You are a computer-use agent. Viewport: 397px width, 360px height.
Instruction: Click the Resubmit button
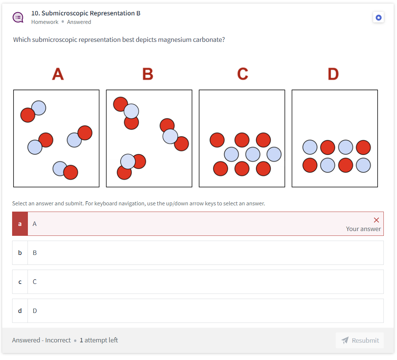[x=360, y=340]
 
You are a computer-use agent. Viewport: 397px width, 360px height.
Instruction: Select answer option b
[x=198, y=253]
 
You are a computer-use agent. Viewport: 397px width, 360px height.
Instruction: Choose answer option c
[x=198, y=282]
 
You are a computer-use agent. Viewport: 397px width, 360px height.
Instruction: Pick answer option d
[x=198, y=310]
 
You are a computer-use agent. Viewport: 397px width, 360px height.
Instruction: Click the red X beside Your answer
[x=376, y=220]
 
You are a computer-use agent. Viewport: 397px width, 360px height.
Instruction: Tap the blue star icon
[x=379, y=18]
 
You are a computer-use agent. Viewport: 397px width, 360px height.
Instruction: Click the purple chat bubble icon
[x=18, y=18]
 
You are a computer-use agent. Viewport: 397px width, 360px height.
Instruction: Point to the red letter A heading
[x=58, y=74]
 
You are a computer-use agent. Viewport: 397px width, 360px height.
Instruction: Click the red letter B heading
[x=148, y=74]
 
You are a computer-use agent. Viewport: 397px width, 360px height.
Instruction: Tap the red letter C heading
[x=243, y=74]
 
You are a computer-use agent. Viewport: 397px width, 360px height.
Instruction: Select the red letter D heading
[x=333, y=74]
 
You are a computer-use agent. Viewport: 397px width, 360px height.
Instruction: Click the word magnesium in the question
[x=174, y=40]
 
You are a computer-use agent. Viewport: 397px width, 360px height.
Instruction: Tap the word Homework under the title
[x=45, y=22]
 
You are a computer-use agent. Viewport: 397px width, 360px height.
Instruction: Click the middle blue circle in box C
[x=253, y=154]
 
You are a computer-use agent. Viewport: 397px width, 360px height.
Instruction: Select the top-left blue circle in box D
[x=310, y=147]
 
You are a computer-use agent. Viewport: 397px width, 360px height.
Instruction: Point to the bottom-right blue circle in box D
[x=363, y=165]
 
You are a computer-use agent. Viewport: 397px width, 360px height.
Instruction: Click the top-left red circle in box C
[x=217, y=140]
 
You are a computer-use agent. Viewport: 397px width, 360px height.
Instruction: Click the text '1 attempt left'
[x=99, y=340]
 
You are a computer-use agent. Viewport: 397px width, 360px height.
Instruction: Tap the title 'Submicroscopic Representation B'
[x=91, y=13]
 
